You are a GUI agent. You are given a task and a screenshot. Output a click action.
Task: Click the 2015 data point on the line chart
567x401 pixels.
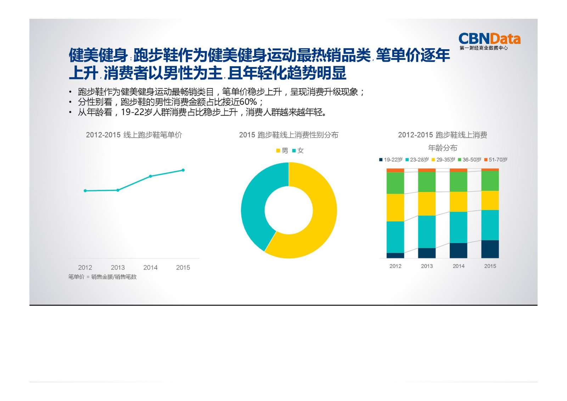pos(183,170)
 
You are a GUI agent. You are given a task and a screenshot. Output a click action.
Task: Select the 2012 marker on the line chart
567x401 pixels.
pos(85,191)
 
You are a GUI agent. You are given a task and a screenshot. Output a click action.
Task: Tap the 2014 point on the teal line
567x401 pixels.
pos(150,176)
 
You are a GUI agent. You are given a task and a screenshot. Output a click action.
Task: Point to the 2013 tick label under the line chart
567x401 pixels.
pos(118,267)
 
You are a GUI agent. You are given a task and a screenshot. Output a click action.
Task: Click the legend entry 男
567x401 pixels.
pos(282,151)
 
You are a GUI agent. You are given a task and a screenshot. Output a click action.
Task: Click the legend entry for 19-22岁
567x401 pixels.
pos(391,160)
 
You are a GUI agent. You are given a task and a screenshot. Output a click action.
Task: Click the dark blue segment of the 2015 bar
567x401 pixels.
pos(490,249)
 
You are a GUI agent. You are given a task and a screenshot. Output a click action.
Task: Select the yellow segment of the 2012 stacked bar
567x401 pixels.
pos(395,207)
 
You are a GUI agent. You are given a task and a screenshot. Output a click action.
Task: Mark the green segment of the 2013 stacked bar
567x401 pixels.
pos(427,182)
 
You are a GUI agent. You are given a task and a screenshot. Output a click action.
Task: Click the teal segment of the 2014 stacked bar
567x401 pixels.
pos(458,227)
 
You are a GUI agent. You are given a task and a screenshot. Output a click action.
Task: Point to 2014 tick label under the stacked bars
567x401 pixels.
pos(458,266)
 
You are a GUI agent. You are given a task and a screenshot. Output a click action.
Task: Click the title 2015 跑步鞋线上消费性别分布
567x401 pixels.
pos(288,135)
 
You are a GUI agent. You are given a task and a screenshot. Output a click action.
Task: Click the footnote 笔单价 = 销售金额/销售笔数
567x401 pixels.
pos(102,277)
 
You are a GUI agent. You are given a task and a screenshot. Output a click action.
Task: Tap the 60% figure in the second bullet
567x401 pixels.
pos(248,102)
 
